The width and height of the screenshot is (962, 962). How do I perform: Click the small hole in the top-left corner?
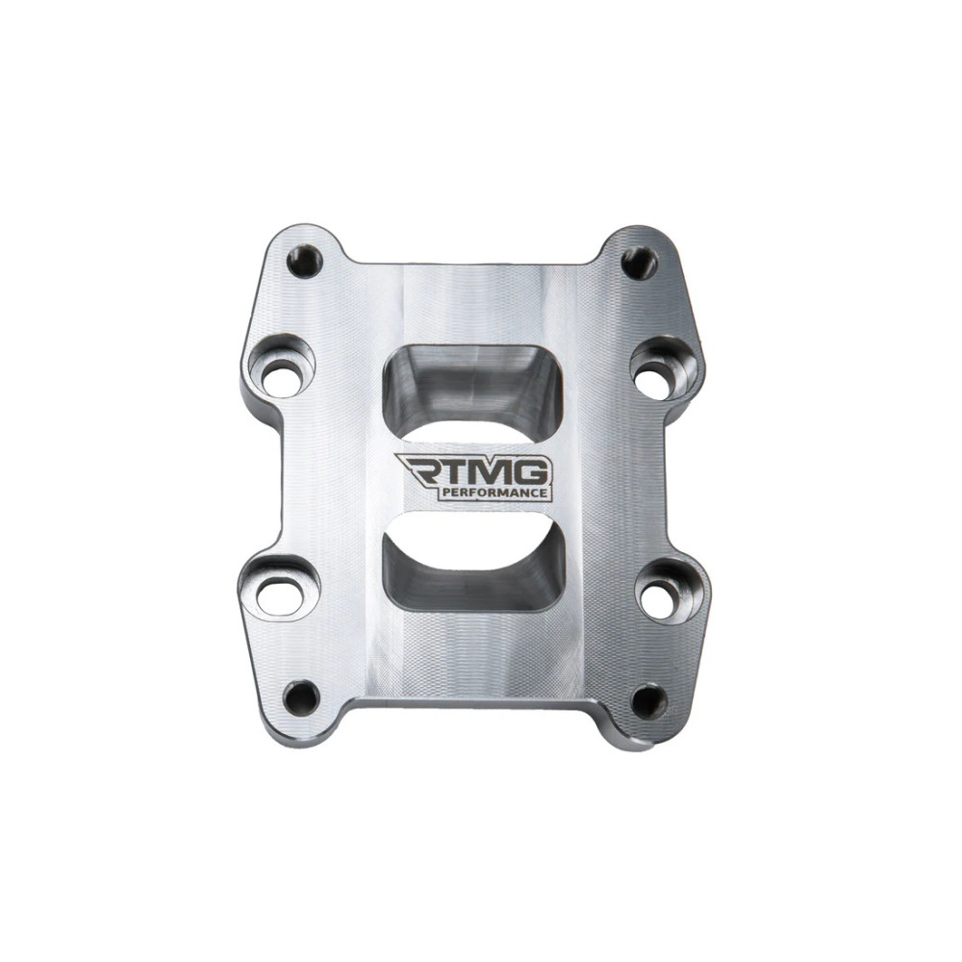point(304,262)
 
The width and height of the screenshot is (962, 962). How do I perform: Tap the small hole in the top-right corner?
point(639,264)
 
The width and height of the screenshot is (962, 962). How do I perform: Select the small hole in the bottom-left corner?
point(301,696)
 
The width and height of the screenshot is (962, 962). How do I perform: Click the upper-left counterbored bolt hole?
point(282,367)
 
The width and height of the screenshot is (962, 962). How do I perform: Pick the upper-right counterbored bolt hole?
point(664,369)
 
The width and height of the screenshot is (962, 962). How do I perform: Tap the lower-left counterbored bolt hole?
point(279,589)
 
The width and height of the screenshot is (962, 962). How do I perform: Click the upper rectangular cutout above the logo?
point(473,386)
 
